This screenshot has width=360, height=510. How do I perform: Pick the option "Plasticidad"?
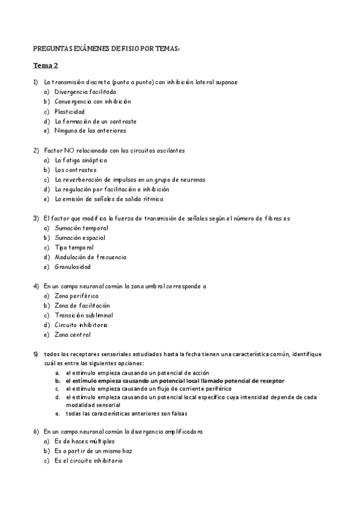(69, 111)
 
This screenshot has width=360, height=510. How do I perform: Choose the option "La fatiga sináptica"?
(81, 160)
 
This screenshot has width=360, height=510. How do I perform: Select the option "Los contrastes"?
(75, 170)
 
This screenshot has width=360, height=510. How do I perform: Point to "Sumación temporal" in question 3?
(81, 228)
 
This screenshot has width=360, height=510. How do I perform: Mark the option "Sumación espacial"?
(79, 238)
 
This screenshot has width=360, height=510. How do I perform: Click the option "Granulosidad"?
(73, 266)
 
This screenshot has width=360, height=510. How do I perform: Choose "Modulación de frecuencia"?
(90, 257)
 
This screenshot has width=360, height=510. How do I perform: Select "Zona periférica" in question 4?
(76, 296)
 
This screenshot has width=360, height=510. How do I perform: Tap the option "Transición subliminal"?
(84, 315)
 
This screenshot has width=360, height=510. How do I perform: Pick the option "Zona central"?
(72, 334)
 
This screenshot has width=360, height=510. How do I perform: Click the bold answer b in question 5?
(174, 381)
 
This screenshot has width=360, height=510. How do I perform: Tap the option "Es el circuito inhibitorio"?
(88, 461)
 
